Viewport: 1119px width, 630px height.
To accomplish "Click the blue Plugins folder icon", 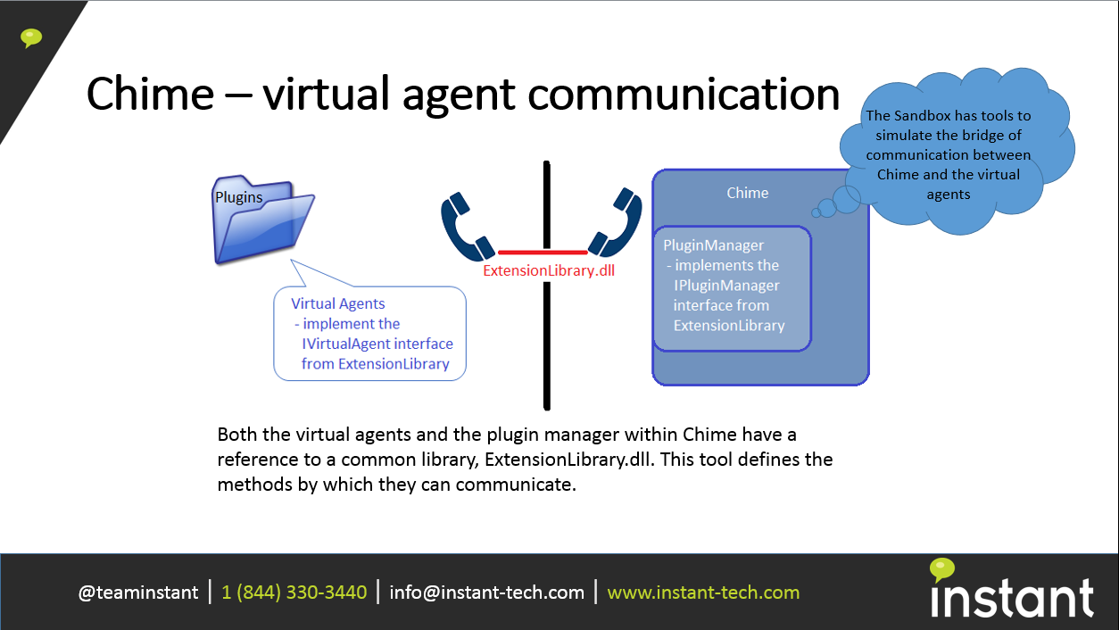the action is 263,220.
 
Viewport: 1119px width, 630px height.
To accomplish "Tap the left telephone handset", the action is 466,228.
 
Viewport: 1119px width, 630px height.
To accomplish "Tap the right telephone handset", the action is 617,223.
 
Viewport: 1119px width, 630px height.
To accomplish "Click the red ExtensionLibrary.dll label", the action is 549,270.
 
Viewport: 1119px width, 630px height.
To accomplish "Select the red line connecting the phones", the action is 543,253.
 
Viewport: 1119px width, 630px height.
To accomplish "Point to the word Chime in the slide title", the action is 150,94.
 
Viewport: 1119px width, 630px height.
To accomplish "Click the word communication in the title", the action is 684,94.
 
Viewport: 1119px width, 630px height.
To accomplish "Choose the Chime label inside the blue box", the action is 747,193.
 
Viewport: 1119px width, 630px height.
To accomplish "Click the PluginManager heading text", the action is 713,245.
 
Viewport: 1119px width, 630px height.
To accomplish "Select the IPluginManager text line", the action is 726,286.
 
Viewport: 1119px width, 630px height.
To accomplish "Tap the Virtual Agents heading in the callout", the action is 337,303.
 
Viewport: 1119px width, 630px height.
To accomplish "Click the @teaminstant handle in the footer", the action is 138,593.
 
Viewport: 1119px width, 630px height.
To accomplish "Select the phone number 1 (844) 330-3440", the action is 294,593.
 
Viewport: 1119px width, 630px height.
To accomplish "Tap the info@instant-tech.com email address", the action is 486,593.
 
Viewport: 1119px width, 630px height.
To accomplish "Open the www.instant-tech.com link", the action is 703,593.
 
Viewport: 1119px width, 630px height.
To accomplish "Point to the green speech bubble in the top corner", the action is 31,38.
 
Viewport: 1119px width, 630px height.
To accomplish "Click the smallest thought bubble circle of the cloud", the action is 816,213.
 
